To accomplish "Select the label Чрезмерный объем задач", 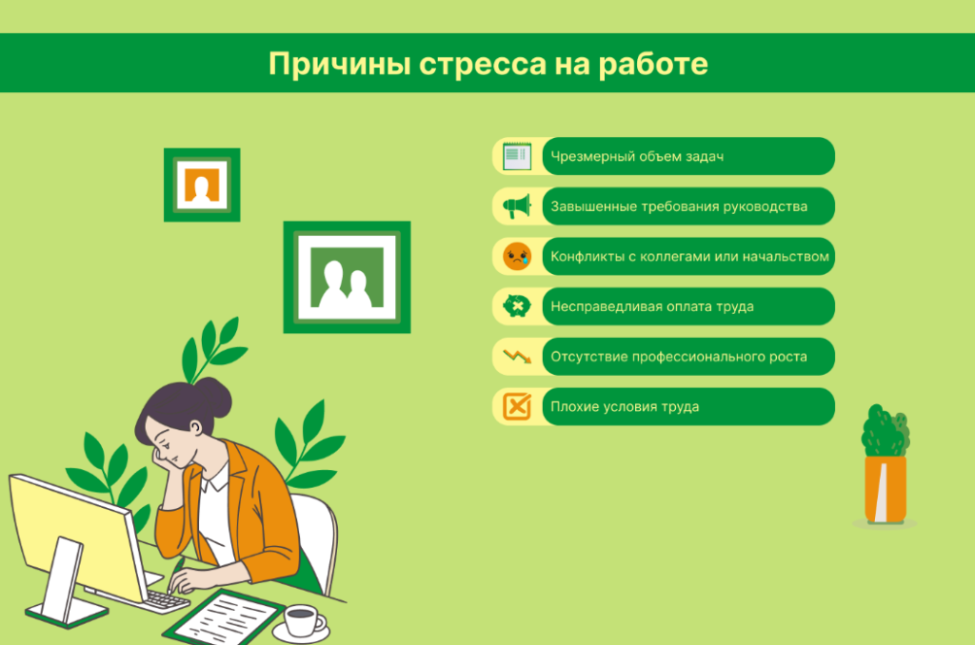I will pos(637,156).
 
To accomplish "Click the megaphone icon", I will pos(517,206).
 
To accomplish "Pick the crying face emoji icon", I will pos(517,256).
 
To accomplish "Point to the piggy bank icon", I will pos(517,306).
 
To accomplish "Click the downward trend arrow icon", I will pos(517,357).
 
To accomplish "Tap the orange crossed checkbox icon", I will pos(517,406).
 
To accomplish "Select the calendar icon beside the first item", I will pos(517,156).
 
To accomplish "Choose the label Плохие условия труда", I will pos(625,406).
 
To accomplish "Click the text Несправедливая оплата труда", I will pos(652,306).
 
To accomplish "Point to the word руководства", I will pos(765,206).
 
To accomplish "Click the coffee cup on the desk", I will pos(302,620).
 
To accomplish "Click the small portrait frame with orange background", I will pos(202,185).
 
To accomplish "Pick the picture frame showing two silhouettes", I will pos(347,277).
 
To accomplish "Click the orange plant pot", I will pos(885,489).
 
